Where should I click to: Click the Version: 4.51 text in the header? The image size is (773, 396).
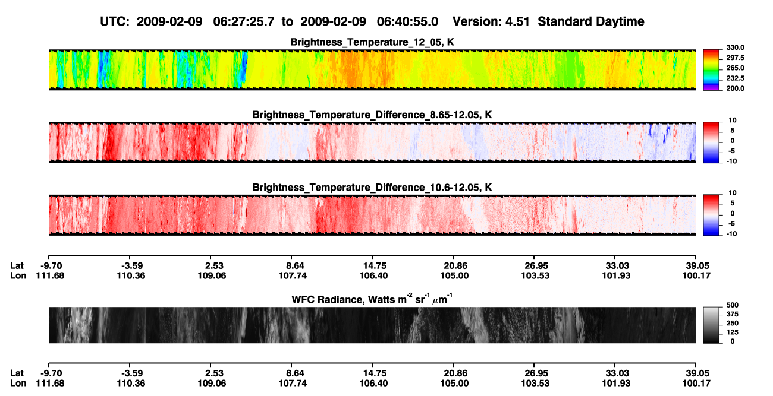point(491,21)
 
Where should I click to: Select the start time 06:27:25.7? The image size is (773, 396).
point(244,21)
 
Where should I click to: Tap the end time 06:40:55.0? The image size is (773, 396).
point(407,21)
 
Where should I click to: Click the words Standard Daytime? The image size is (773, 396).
point(591,21)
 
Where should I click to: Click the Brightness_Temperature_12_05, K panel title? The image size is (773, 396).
point(372,42)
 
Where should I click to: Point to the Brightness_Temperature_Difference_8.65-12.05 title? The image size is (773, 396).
point(372,115)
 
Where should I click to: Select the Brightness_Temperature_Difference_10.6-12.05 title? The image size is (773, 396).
point(372,188)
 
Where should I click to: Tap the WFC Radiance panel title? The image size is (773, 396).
point(372,299)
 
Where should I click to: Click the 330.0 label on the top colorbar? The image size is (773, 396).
point(735,47)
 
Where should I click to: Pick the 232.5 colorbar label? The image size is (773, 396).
point(735,78)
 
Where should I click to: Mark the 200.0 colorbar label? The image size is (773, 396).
point(735,88)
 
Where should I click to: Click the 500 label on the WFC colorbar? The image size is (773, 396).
point(733,305)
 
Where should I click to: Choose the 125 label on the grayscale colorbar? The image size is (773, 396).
point(733,332)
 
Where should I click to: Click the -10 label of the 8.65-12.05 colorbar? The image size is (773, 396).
point(731,161)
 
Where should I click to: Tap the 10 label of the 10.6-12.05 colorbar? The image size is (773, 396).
point(733,193)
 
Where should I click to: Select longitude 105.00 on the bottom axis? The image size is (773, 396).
point(454,384)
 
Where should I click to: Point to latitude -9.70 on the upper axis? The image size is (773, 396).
point(51,266)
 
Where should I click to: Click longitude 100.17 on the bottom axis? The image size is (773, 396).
point(696,384)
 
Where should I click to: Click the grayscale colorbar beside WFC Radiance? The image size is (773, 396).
point(711,325)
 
